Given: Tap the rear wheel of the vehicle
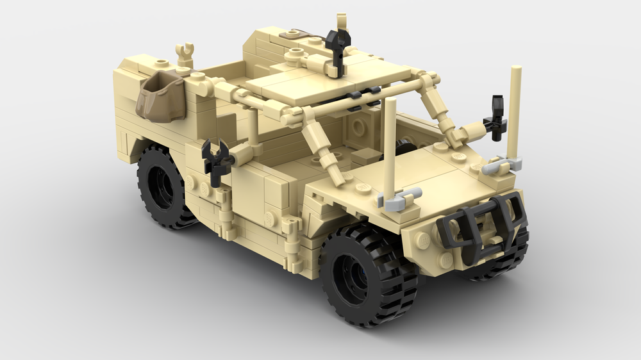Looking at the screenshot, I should tap(163, 186).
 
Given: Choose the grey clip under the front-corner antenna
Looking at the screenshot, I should tap(504, 165).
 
